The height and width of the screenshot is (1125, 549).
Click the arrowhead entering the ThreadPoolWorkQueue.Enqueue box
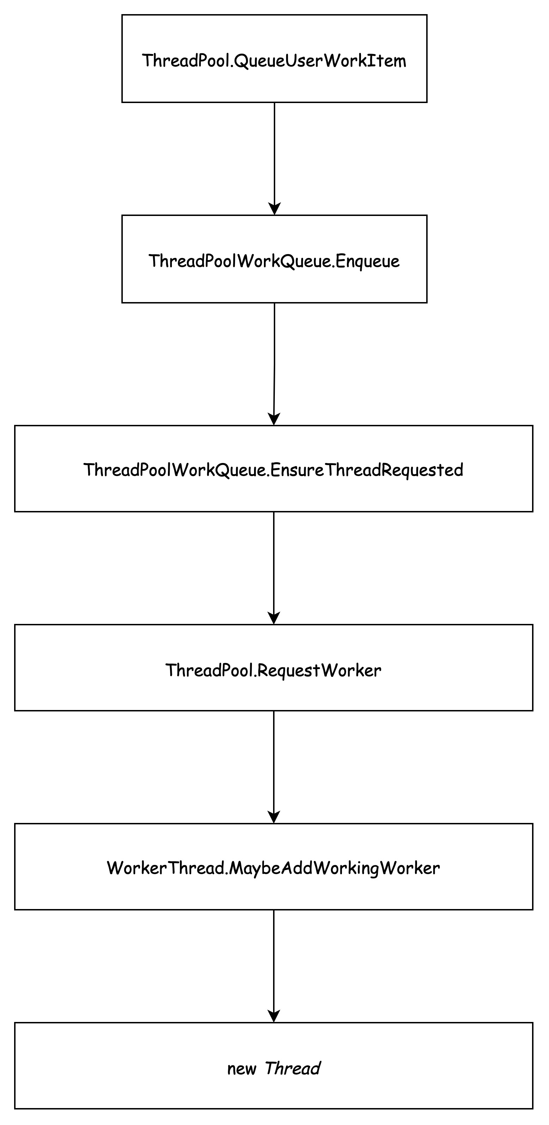[274, 209]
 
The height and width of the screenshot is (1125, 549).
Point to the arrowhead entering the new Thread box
[274, 1016]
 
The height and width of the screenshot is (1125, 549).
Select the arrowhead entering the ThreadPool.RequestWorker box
[274, 618]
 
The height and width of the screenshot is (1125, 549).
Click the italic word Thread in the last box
[292, 1069]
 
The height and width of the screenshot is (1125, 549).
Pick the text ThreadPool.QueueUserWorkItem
[274, 60]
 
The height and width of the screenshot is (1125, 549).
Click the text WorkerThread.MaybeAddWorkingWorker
[273, 868]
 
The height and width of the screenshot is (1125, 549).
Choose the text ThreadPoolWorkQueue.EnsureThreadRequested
[273, 470]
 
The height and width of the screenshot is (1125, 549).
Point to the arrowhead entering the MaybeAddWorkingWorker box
[274, 818]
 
